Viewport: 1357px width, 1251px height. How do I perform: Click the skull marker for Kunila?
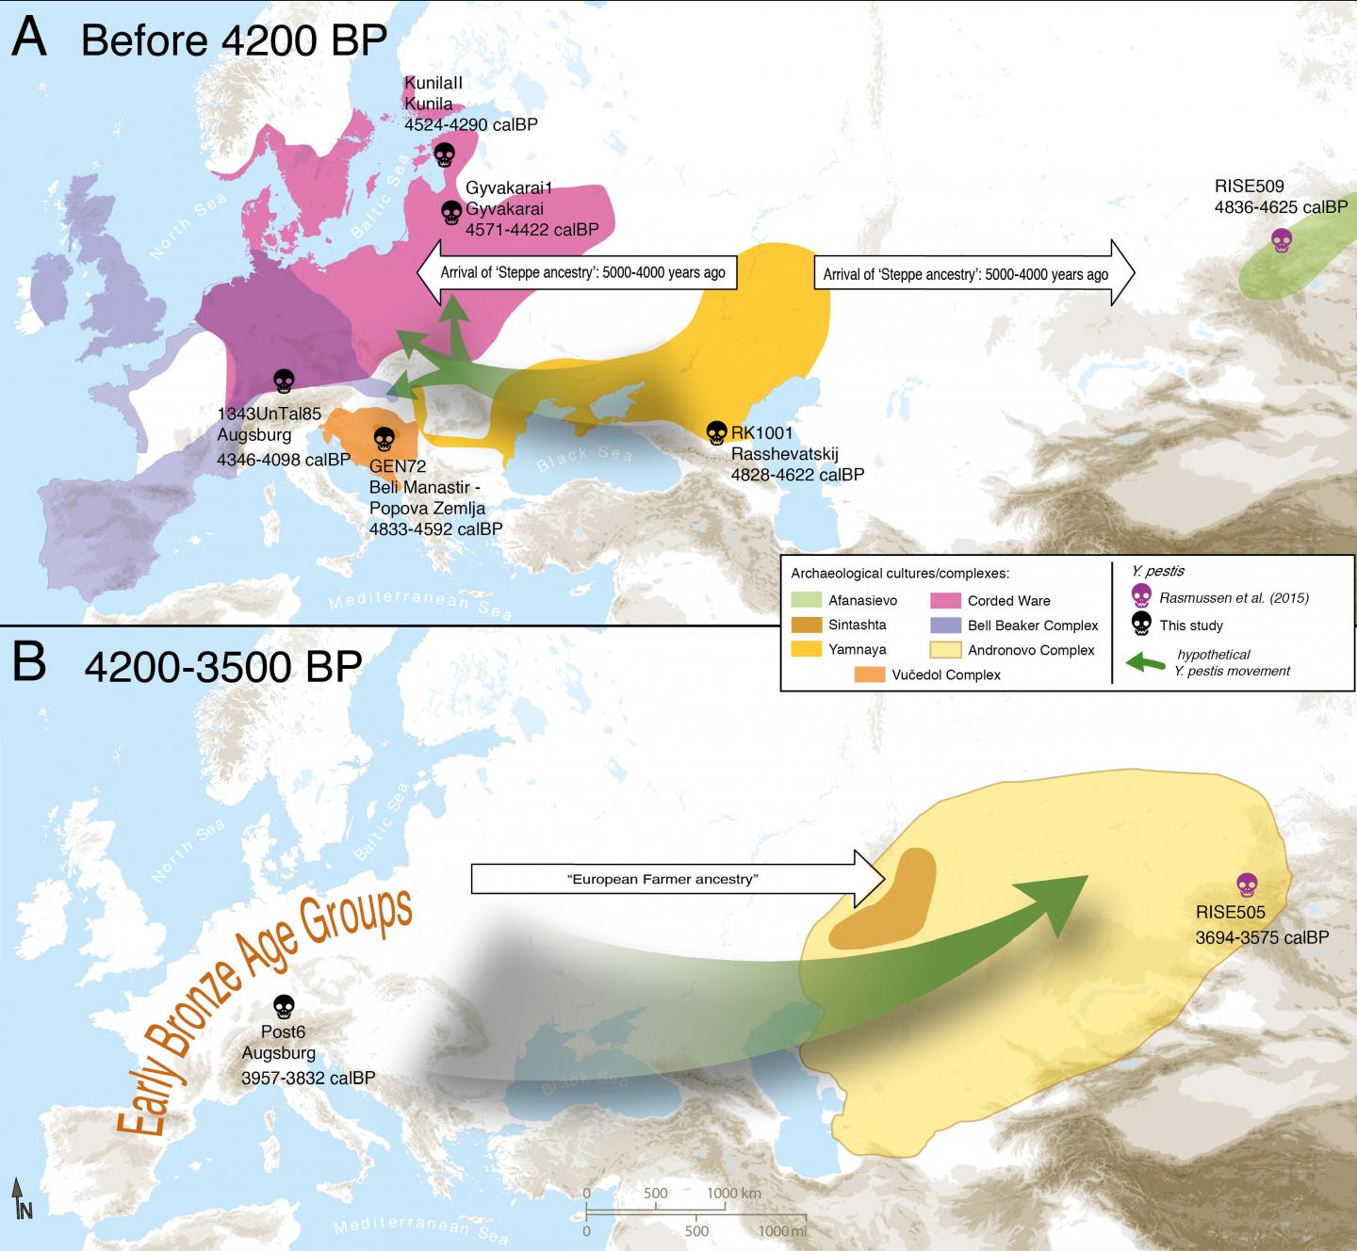[445, 154]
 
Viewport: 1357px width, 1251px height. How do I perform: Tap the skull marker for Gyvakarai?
[451, 213]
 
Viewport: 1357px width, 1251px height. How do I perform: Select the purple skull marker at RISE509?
[1280, 241]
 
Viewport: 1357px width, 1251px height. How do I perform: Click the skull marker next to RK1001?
[717, 432]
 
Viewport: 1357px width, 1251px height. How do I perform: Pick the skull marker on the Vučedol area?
[384, 439]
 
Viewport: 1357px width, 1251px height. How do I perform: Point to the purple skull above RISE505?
[1247, 885]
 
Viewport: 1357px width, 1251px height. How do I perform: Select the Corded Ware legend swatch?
[945, 600]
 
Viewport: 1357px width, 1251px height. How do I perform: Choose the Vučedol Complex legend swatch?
[869, 674]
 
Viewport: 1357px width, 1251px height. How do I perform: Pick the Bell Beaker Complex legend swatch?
[945, 625]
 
